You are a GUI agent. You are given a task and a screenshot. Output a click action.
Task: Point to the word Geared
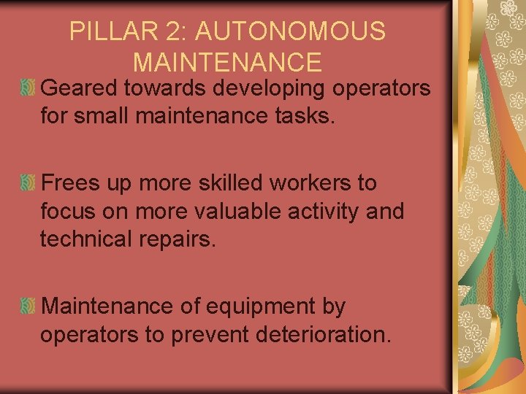point(81,88)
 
